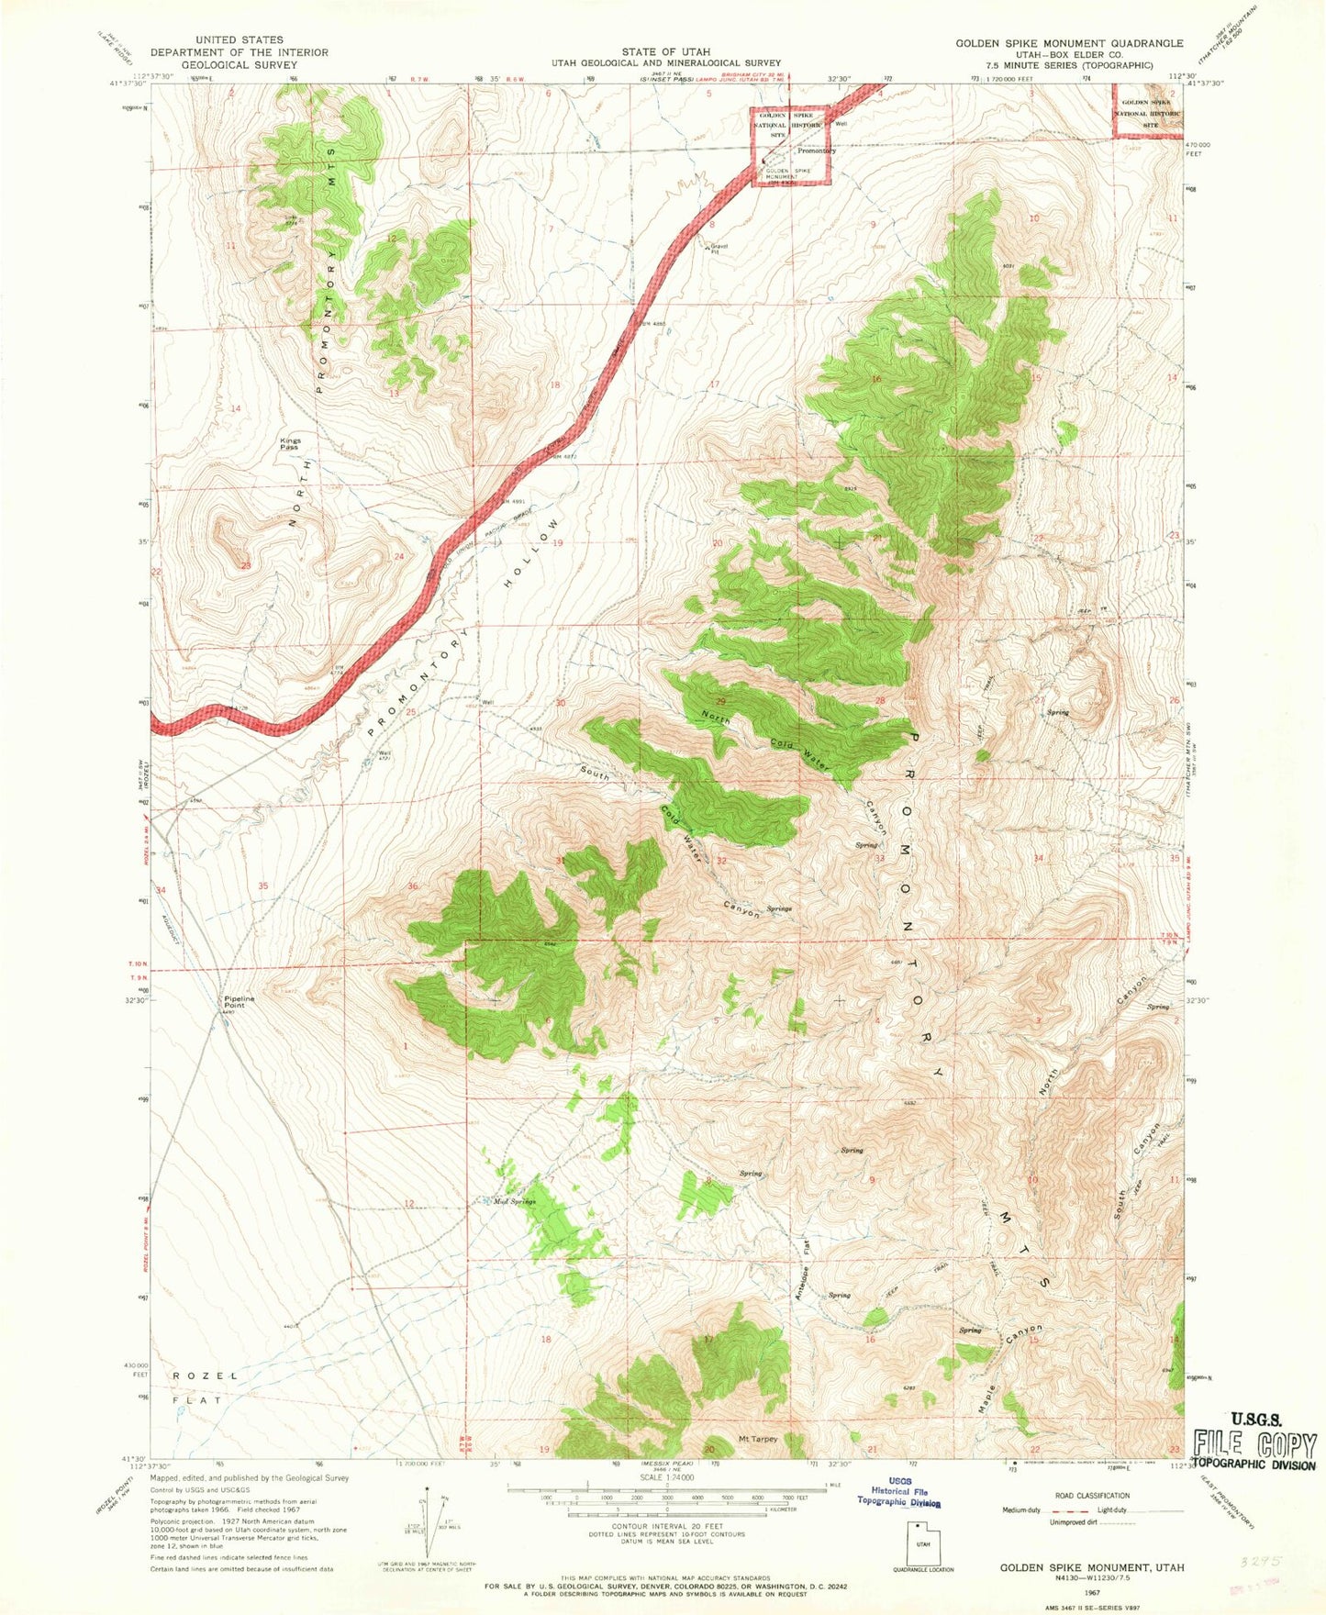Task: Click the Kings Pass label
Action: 290,444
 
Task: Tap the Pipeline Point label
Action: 239,1001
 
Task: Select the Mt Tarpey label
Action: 758,1439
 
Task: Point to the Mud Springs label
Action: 514,1201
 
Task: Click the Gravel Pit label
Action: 719,249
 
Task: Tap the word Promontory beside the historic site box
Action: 816,150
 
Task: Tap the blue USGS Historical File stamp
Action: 899,1497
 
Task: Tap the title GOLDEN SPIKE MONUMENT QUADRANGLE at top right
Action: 1069,43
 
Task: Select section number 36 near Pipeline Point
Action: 412,885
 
